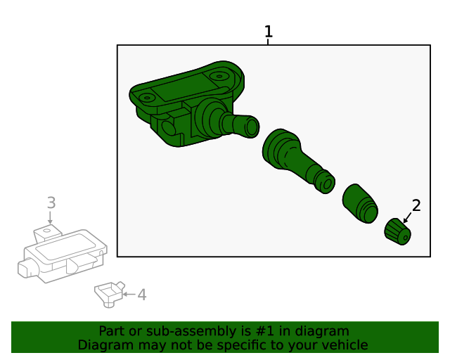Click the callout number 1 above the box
click(x=269, y=32)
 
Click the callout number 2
click(x=416, y=205)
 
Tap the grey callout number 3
click(x=51, y=202)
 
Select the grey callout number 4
click(x=142, y=295)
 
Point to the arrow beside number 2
click(x=407, y=218)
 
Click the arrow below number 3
click(x=50, y=217)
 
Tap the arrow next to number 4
click(x=129, y=295)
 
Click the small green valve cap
click(x=398, y=231)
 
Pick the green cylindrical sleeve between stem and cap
click(x=360, y=203)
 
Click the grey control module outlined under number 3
click(x=63, y=254)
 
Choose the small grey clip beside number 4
click(x=110, y=295)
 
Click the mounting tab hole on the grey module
click(x=47, y=230)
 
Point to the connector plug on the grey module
click(x=28, y=268)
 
